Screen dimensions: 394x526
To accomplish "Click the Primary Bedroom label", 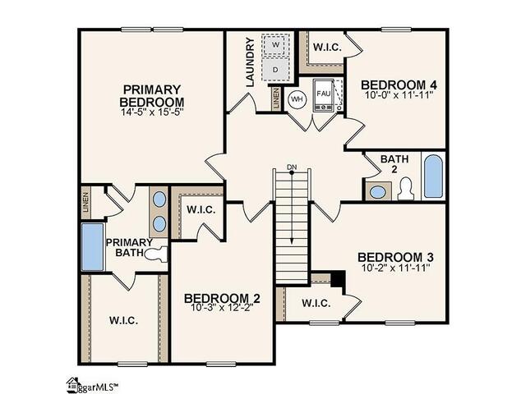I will pos(152,95).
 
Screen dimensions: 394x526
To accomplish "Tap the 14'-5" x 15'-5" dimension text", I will pos(152,112).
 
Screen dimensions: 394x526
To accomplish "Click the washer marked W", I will pos(276,44).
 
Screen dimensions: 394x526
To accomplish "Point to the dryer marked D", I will pos(276,70).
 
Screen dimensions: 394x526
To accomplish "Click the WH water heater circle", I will pos(297,99).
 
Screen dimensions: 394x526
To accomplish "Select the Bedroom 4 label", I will pos(399,85).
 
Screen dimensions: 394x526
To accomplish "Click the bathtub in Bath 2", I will pos(433,174).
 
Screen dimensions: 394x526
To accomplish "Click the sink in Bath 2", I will pos(378,191).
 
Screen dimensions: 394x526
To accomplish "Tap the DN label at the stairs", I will pos(291,167).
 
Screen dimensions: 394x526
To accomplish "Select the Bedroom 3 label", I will pos(394,256).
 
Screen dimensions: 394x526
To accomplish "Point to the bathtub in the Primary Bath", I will pos(93,247).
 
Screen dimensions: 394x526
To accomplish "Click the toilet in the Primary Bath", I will pos(158,254).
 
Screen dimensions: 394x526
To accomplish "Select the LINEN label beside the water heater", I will pos(275,98).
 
